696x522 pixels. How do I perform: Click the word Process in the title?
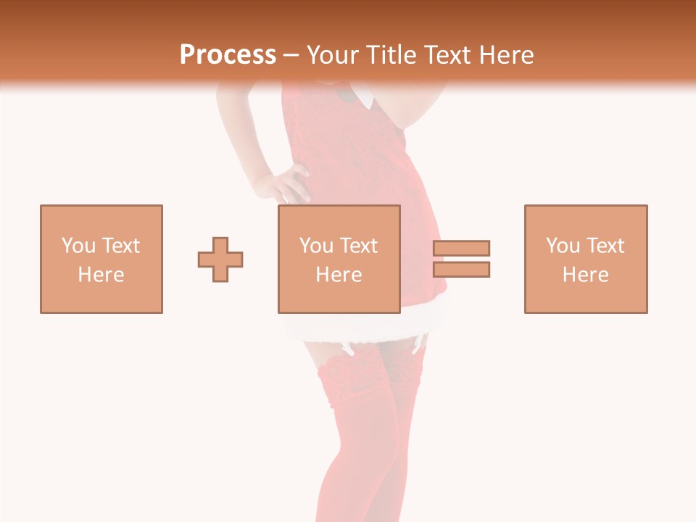228,55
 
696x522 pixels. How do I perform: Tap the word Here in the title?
505,55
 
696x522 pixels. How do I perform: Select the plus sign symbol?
220,259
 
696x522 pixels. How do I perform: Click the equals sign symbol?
461,259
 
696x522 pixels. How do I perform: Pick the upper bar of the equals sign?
461,248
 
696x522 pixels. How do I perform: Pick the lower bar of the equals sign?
461,270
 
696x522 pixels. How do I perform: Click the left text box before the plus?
101,259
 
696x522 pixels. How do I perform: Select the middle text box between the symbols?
339,259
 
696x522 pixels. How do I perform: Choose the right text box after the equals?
585,259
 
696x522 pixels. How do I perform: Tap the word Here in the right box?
585,275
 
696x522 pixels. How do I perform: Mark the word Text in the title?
447,55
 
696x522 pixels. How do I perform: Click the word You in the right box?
563,246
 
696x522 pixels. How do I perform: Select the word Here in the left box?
101,275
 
